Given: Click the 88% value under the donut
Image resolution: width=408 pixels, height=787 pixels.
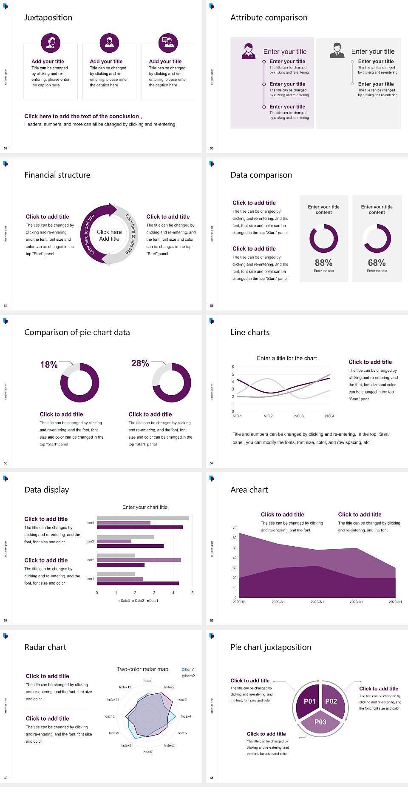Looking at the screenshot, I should (323, 263).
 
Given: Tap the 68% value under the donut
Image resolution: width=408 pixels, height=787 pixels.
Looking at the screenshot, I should (377, 263).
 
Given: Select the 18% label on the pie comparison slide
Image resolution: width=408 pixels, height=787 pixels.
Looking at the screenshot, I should (49, 365).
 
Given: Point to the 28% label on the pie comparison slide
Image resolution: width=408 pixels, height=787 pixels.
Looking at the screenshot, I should (140, 363).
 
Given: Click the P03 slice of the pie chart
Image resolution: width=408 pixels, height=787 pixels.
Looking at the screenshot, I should (320, 722).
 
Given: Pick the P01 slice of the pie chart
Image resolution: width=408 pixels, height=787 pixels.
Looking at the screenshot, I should (309, 701).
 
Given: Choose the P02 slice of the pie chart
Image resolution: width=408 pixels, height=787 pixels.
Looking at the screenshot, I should (331, 701).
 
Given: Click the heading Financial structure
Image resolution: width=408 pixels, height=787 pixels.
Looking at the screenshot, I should (57, 175).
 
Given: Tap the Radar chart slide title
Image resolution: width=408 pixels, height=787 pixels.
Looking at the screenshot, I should (45, 647).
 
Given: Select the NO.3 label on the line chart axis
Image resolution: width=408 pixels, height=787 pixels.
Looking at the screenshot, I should (299, 416).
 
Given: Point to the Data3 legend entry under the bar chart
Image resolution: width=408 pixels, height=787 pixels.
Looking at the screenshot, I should (124, 601).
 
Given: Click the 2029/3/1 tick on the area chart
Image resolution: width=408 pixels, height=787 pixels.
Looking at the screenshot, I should (317, 602).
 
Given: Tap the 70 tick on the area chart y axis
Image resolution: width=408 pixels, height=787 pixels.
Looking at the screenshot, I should (235, 528).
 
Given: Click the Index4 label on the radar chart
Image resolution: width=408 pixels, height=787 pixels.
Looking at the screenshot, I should (186, 716).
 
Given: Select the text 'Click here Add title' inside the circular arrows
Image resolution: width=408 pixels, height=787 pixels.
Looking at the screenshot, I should (109, 235).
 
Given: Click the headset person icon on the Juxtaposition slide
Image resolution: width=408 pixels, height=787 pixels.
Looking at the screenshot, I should (51, 43).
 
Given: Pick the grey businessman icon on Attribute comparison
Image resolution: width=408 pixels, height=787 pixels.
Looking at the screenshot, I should (337, 51).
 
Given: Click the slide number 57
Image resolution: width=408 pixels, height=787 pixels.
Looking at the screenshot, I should (212, 463).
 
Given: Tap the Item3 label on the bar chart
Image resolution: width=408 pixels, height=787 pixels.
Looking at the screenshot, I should (90, 541).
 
